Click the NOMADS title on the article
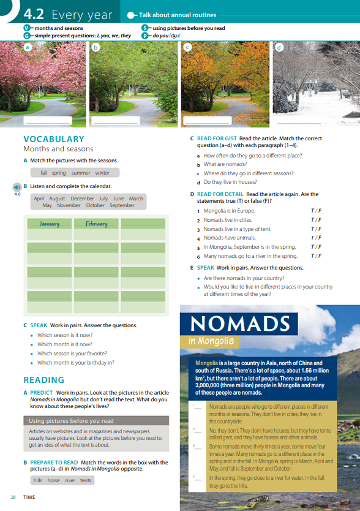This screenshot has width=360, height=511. [x=239, y=324]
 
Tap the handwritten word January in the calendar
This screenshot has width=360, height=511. [x=50, y=224]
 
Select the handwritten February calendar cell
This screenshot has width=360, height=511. [x=96, y=224]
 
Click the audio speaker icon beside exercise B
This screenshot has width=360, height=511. [x=17, y=187]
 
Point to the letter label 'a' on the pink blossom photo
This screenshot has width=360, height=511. [x=27, y=47]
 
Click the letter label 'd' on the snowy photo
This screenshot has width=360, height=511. [x=279, y=47]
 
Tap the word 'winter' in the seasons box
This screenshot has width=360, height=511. [x=102, y=173]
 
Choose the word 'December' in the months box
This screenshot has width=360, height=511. [x=82, y=199]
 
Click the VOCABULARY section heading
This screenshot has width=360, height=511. [x=54, y=139]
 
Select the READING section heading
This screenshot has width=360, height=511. [x=43, y=380]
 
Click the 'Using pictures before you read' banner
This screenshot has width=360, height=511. [x=96, y=421]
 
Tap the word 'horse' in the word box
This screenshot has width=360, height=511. [x=54, y=480]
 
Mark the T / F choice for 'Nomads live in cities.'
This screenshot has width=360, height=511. [x=316, y=220]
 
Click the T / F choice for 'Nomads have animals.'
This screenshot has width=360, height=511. [x=316, y=238]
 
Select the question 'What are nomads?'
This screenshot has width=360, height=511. [x=225, y=164]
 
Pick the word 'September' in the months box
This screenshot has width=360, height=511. [x=122, y=205]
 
